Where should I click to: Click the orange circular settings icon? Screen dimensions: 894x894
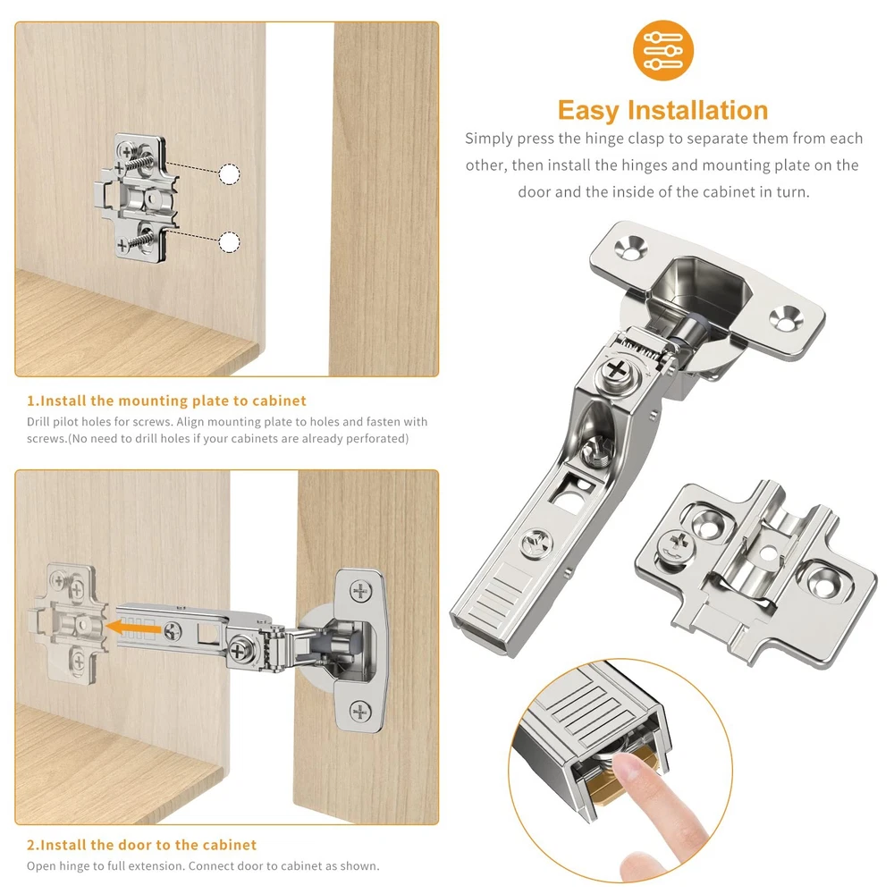coord(663,50)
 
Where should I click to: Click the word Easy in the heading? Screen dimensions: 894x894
coord(588,111)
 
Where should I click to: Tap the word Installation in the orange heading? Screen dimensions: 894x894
coord(698,110)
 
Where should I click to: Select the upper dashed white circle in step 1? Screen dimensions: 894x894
coord(229,174)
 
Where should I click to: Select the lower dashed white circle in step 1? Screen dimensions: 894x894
coord(229,242)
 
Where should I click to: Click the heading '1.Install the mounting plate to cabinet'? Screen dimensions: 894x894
coord(166,401)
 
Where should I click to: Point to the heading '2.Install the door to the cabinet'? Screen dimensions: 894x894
coord(141,845)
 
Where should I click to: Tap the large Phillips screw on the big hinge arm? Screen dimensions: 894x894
coord(616,371)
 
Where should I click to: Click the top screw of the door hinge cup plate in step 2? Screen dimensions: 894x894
coord(360,591)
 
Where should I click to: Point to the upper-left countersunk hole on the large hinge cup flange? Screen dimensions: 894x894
coord(630,247)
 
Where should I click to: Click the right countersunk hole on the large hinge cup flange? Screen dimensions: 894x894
coord(786,318)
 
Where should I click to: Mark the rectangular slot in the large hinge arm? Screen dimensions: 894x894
coord(567,493)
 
